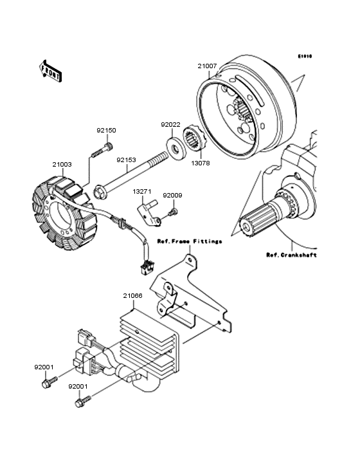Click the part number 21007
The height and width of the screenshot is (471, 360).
click(x=207, y=66)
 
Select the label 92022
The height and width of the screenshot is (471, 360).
click(x=170, y=125)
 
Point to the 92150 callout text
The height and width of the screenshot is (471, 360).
click(x=107, y=131)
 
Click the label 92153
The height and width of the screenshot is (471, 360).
click(x=126, y=160)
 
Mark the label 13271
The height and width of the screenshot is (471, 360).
click(x=142, y=192)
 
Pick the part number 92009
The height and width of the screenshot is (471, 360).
click(x=172, y=195)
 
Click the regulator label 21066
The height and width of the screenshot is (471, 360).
click(x=132, y=296)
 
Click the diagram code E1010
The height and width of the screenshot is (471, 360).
click(x=304, y=57)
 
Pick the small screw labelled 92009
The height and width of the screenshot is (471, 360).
click(x=172, y=212)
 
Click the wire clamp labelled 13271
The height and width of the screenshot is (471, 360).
click(x=150, y=216)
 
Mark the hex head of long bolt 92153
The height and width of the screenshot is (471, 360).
click(x=102, y=190)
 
